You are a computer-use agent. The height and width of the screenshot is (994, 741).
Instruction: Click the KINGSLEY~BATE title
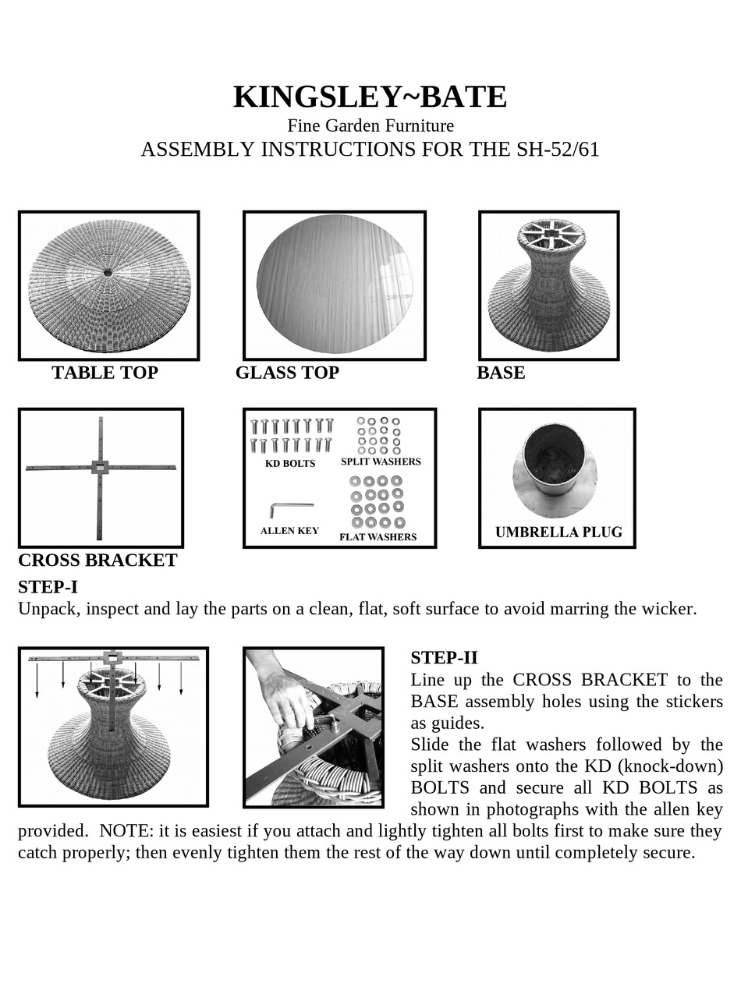point(370,97)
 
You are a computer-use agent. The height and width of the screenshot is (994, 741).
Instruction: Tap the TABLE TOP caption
point(105,373)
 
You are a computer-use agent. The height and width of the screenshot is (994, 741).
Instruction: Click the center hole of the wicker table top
point(108,272)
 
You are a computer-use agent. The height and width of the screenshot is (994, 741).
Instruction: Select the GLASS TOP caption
point(287,373)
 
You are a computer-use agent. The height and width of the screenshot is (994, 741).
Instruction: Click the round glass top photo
point(335,285)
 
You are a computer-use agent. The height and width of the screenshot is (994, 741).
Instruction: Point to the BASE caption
point(501,373)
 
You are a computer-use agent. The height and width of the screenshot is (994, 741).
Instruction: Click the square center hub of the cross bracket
point(100,468)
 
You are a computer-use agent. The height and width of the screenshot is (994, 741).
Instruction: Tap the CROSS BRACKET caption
point(97,561)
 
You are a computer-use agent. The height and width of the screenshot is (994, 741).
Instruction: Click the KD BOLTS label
point(290,464)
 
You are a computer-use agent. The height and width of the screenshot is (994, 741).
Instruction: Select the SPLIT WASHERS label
point(381,462)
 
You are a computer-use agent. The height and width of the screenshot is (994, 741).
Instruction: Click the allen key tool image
point(290,508)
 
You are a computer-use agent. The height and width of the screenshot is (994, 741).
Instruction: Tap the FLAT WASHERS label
point(378,537)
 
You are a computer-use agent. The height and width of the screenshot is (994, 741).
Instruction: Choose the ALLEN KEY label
point(289,531)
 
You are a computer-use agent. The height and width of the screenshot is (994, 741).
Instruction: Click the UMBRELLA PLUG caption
point(558,532)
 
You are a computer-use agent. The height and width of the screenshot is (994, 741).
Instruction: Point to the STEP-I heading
point(48,587)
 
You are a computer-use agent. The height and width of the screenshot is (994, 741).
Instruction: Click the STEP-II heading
point(444,657)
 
